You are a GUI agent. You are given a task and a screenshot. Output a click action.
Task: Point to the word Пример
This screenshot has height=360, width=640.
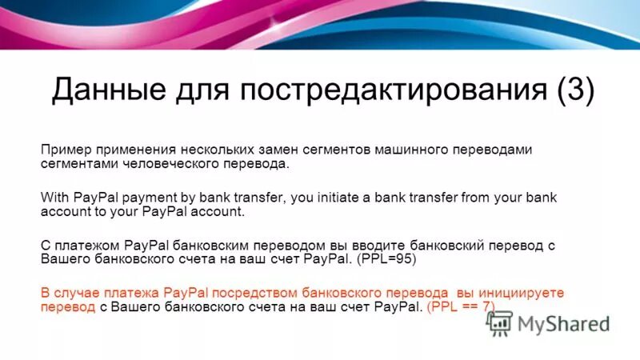(x=66, y=150)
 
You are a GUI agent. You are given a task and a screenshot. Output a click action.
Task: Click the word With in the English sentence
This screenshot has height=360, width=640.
(x=54, y=198)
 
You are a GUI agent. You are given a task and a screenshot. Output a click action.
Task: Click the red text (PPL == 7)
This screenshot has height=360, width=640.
(x=461, y=307)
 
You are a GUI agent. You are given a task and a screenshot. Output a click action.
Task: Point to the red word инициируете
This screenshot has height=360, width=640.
(x=523, y=293)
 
